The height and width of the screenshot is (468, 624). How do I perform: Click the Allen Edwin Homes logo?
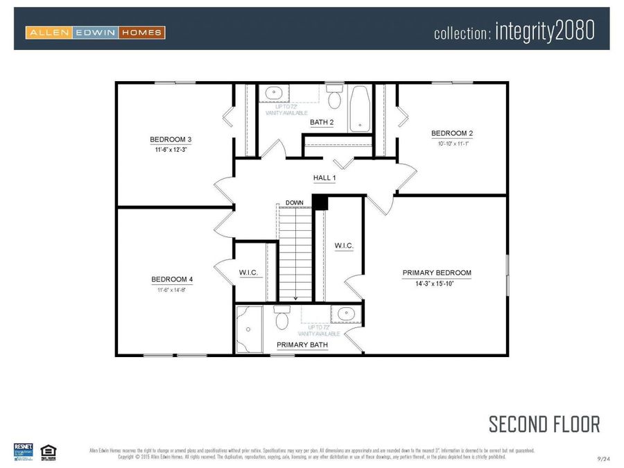pyautogui.click(x=95, y=32)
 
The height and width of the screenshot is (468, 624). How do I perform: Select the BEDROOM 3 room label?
pyautogui.click(x=171, y=139)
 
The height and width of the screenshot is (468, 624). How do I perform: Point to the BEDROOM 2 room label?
pyautogui.click(x=452, y=133)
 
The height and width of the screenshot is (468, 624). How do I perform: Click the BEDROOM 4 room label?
pyautogui.click(x=172, y=279)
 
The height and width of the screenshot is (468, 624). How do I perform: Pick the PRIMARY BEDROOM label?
pyautogui.click(x=437, y=272)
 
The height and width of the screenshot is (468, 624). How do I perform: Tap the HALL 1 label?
pyautogui.click(x=324, y=178)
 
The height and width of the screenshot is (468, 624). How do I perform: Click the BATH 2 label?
pyautogui.click(x=322, y=122)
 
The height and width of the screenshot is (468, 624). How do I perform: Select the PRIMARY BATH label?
pyautogui.click(x=302, y=345)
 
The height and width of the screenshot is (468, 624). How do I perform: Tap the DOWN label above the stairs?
pyautogui.click(x=295, y=202)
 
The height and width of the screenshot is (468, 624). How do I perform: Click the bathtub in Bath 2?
pyautogui.click(x=359, y=108)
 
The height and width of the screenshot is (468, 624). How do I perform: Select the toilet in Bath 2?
pyautogui.click(x=334, y=98)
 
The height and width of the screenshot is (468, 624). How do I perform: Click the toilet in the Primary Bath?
pyautogui.click(x=281, y=319)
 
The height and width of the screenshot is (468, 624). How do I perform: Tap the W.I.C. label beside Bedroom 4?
pyautogui.click(x=248, y=272)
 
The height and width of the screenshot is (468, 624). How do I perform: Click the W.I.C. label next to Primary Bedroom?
pyautogui.click(x=344, y=245)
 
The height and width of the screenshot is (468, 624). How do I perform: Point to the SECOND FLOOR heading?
pyautogui.click(x=544, y=424)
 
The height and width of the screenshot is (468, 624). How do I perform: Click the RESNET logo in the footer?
pyautogui.click(x=24, y=451)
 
